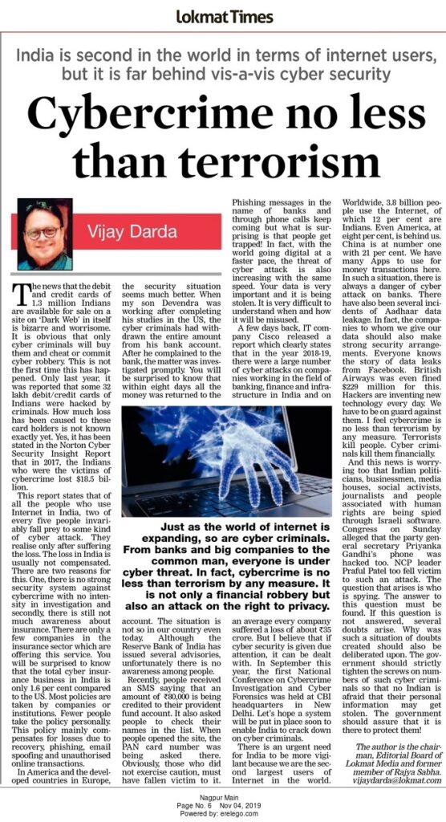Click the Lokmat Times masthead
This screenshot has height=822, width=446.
222,15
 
